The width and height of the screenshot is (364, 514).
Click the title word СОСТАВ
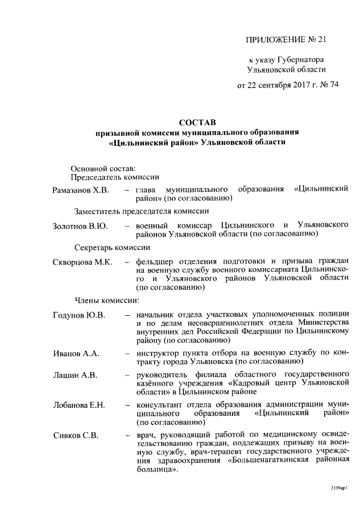pos(197,122)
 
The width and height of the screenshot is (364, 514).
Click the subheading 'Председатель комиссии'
pos(114,177)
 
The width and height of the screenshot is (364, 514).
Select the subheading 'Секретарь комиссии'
pos(113,248)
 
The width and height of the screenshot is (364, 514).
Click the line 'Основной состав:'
pos(103,168)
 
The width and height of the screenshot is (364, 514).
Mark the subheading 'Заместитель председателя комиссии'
pos(138,211)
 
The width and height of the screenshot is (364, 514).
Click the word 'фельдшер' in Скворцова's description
pos(154,262)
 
